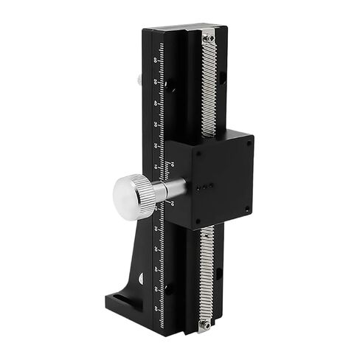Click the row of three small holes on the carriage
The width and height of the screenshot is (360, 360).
point(211,187)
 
